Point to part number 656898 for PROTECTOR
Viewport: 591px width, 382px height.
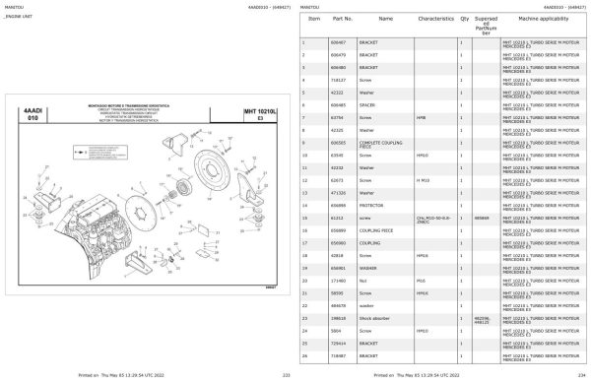coord(337,205)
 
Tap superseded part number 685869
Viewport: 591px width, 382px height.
coord(481,217)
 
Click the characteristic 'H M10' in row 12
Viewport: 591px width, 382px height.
coord(424,180)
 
